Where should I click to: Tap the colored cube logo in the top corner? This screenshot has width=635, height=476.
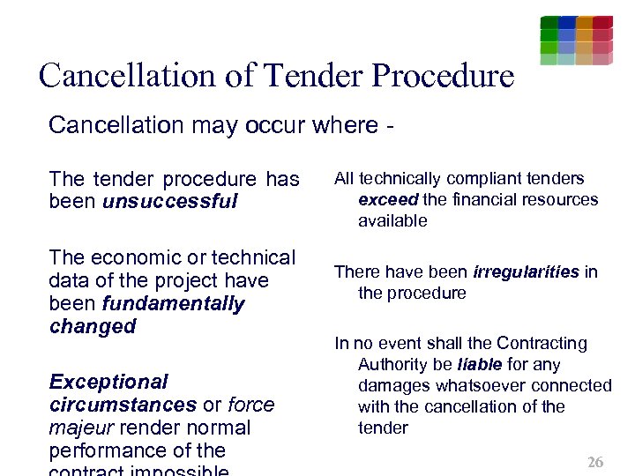[x=576, y=40]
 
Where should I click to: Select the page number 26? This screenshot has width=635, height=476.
[x=595, y=462]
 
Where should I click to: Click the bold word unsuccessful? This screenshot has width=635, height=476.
[x=170, y=202]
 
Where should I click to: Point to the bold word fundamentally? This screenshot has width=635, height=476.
[x=174, y=303]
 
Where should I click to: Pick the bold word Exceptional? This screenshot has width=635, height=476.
[x=108, y=382]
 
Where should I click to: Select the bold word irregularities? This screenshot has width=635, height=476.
[x=526, y=271]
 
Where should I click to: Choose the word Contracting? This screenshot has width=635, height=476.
[x=543, y=343]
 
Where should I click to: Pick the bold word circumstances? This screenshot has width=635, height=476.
[x=123, y=405]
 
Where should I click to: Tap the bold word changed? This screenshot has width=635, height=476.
[x=93, y=326]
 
